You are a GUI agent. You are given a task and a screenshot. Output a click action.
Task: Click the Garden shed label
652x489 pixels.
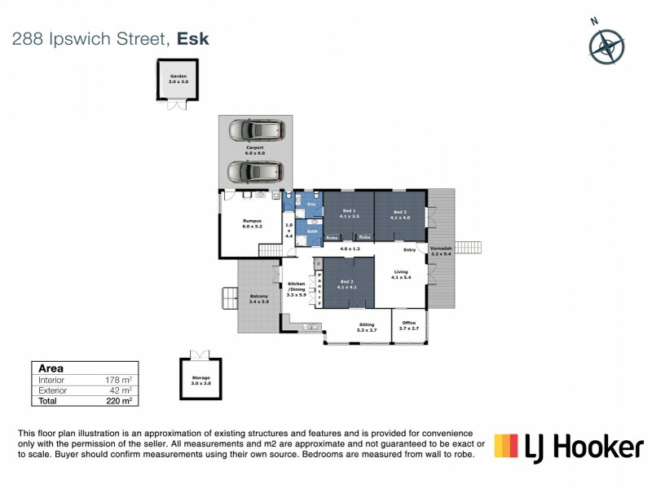[x=178, y=79]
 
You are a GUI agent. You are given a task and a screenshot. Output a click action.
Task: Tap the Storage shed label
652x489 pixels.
[x=200, y=381]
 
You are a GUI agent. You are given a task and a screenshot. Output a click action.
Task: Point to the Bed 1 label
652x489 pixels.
[x=349, y=214]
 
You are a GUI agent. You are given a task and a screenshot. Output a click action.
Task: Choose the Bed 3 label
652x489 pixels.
[x=399, y=214]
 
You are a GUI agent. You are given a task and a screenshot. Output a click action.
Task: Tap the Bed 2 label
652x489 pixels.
[x=349, y=284]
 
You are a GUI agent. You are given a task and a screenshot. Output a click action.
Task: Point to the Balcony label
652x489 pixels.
[x=258, y=298]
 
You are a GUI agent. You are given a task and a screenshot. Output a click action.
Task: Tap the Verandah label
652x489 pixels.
[x=440, y=252]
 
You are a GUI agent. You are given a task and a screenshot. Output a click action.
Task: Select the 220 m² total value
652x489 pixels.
[x=120, y=401]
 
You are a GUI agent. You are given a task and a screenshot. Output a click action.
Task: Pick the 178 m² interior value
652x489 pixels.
[x=120, y=380]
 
